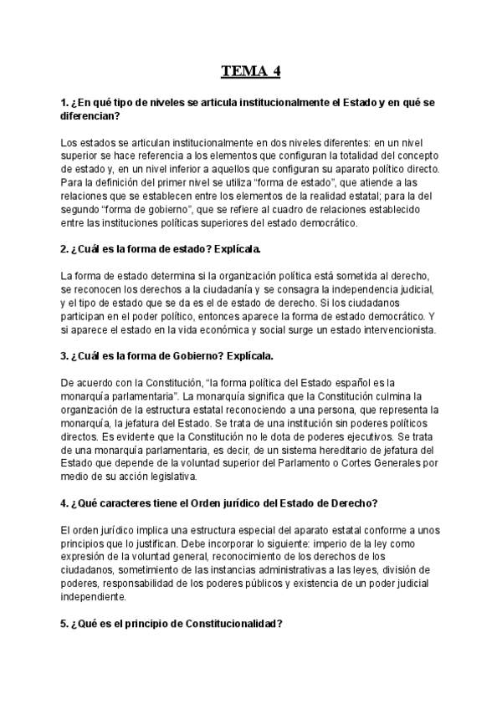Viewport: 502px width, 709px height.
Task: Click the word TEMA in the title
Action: tap(242, 70)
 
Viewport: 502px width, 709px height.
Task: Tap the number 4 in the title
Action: tap(275, 70)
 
